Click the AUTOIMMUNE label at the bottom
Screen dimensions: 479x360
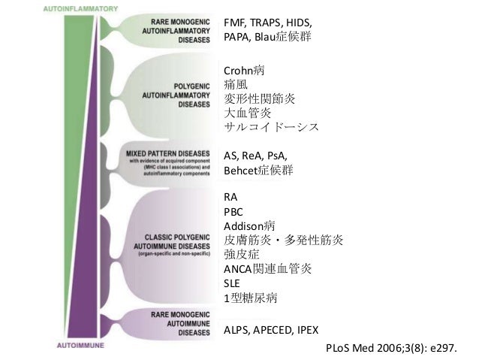click(80, 346)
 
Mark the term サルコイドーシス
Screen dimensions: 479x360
click(271, 127)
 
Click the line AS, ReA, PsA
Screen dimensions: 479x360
click(255, 156)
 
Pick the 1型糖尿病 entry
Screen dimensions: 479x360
click(251, 298)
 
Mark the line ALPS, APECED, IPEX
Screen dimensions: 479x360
click(277, 330)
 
